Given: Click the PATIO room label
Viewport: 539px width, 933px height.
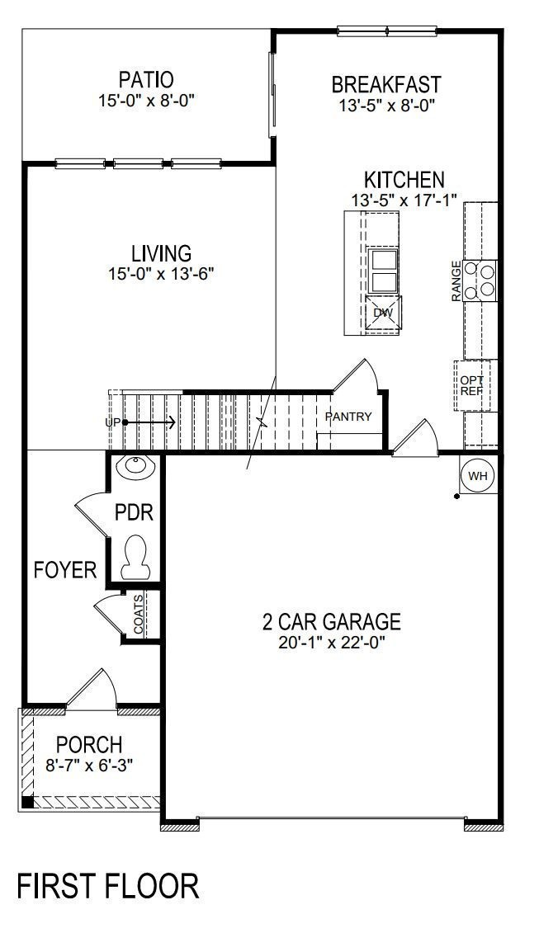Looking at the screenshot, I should coord(146,81).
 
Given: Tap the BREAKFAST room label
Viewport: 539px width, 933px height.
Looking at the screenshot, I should coord(385,85).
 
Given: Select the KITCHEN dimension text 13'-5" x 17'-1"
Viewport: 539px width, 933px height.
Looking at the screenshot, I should coord(404,200).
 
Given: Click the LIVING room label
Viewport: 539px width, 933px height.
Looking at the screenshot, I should coord(162,253).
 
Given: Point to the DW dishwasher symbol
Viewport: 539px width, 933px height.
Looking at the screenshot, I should coord(382,313).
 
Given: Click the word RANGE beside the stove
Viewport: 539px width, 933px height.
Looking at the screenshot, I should coord(456,280).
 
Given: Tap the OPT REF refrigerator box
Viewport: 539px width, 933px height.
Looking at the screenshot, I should coord(472,385).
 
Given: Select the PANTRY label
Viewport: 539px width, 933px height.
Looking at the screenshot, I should coord(348,417).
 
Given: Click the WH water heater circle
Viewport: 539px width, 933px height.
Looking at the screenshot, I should coord(478,476).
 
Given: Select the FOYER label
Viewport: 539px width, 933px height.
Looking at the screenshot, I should coord(65,570).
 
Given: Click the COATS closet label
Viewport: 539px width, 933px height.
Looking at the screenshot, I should coord(138,614).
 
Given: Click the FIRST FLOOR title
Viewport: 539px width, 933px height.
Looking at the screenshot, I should coord(108,886).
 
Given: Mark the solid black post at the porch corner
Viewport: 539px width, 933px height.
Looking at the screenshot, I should coord(27,801).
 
